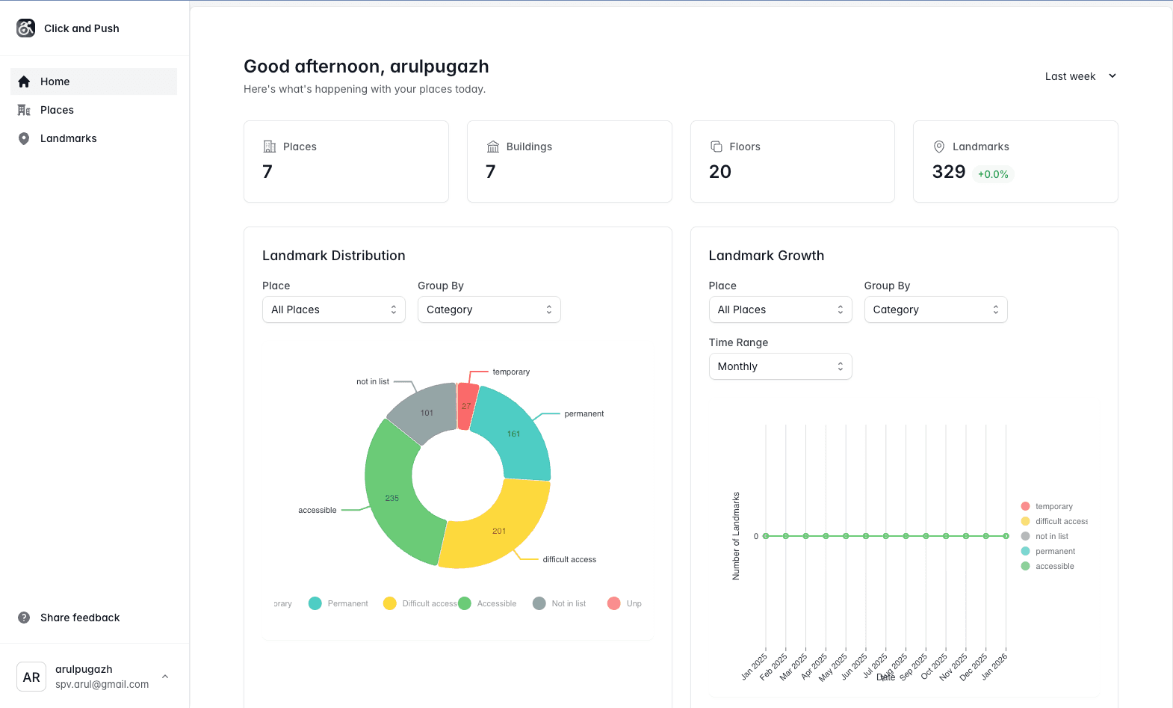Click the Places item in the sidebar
tap(57, 110)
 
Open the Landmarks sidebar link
tap(68, 138)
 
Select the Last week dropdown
tap(1080, 76)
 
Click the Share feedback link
tap(79, 618)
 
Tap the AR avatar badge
tap(31, 677)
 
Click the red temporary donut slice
tap(467, 406)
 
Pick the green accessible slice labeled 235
tap(391, 497)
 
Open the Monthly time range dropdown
tap(780, 366)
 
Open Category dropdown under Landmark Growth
tap(935, 310)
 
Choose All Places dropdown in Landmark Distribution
tap(333, 310)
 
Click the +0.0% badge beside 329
tap(993, 174)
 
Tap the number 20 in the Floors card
tap(719, 172)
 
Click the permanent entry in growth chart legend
tap(1054, 551)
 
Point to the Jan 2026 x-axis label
tap(995, 665)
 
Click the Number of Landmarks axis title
tap(736, 535)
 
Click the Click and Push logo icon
tap(26, 28)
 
